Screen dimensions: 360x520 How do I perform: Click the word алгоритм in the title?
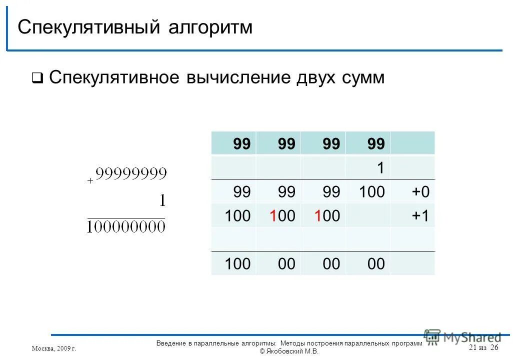210,27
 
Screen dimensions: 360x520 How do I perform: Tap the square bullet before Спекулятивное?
37,78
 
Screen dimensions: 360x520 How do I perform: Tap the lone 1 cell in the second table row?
380,168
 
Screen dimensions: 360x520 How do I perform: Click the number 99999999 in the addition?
131,173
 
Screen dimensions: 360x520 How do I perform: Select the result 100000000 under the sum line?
125,227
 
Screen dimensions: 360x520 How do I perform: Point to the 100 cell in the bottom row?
237,263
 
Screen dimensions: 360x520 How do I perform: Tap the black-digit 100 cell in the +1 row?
237,216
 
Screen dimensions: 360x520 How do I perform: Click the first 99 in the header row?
241,144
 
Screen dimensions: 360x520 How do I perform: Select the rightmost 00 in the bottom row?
376,263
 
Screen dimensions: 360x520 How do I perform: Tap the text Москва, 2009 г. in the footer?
53,348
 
